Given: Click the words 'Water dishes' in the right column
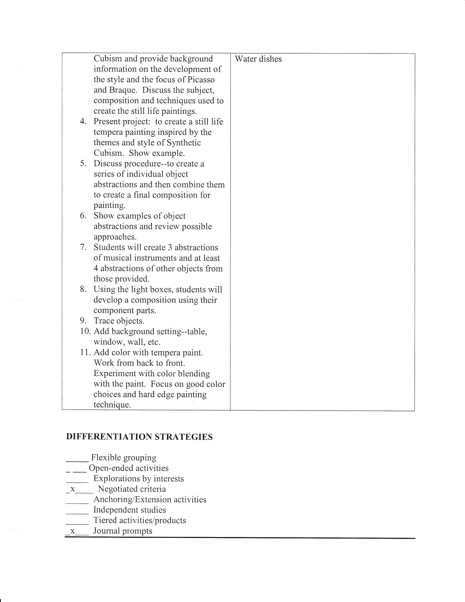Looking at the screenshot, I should point(258,59).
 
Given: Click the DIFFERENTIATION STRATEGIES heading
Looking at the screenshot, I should point(139,437).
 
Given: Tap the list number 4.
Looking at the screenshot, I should point(83,121).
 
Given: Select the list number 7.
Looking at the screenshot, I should point(83,247).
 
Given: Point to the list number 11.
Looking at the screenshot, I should point(85,352).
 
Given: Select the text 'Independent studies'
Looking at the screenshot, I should point(129,510).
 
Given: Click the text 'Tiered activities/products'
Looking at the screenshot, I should point(140,520).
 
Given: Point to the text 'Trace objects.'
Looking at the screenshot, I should point(119,321).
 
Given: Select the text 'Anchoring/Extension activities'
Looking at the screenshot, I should point(150,499).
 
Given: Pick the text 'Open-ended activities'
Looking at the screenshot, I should point(129,468).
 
